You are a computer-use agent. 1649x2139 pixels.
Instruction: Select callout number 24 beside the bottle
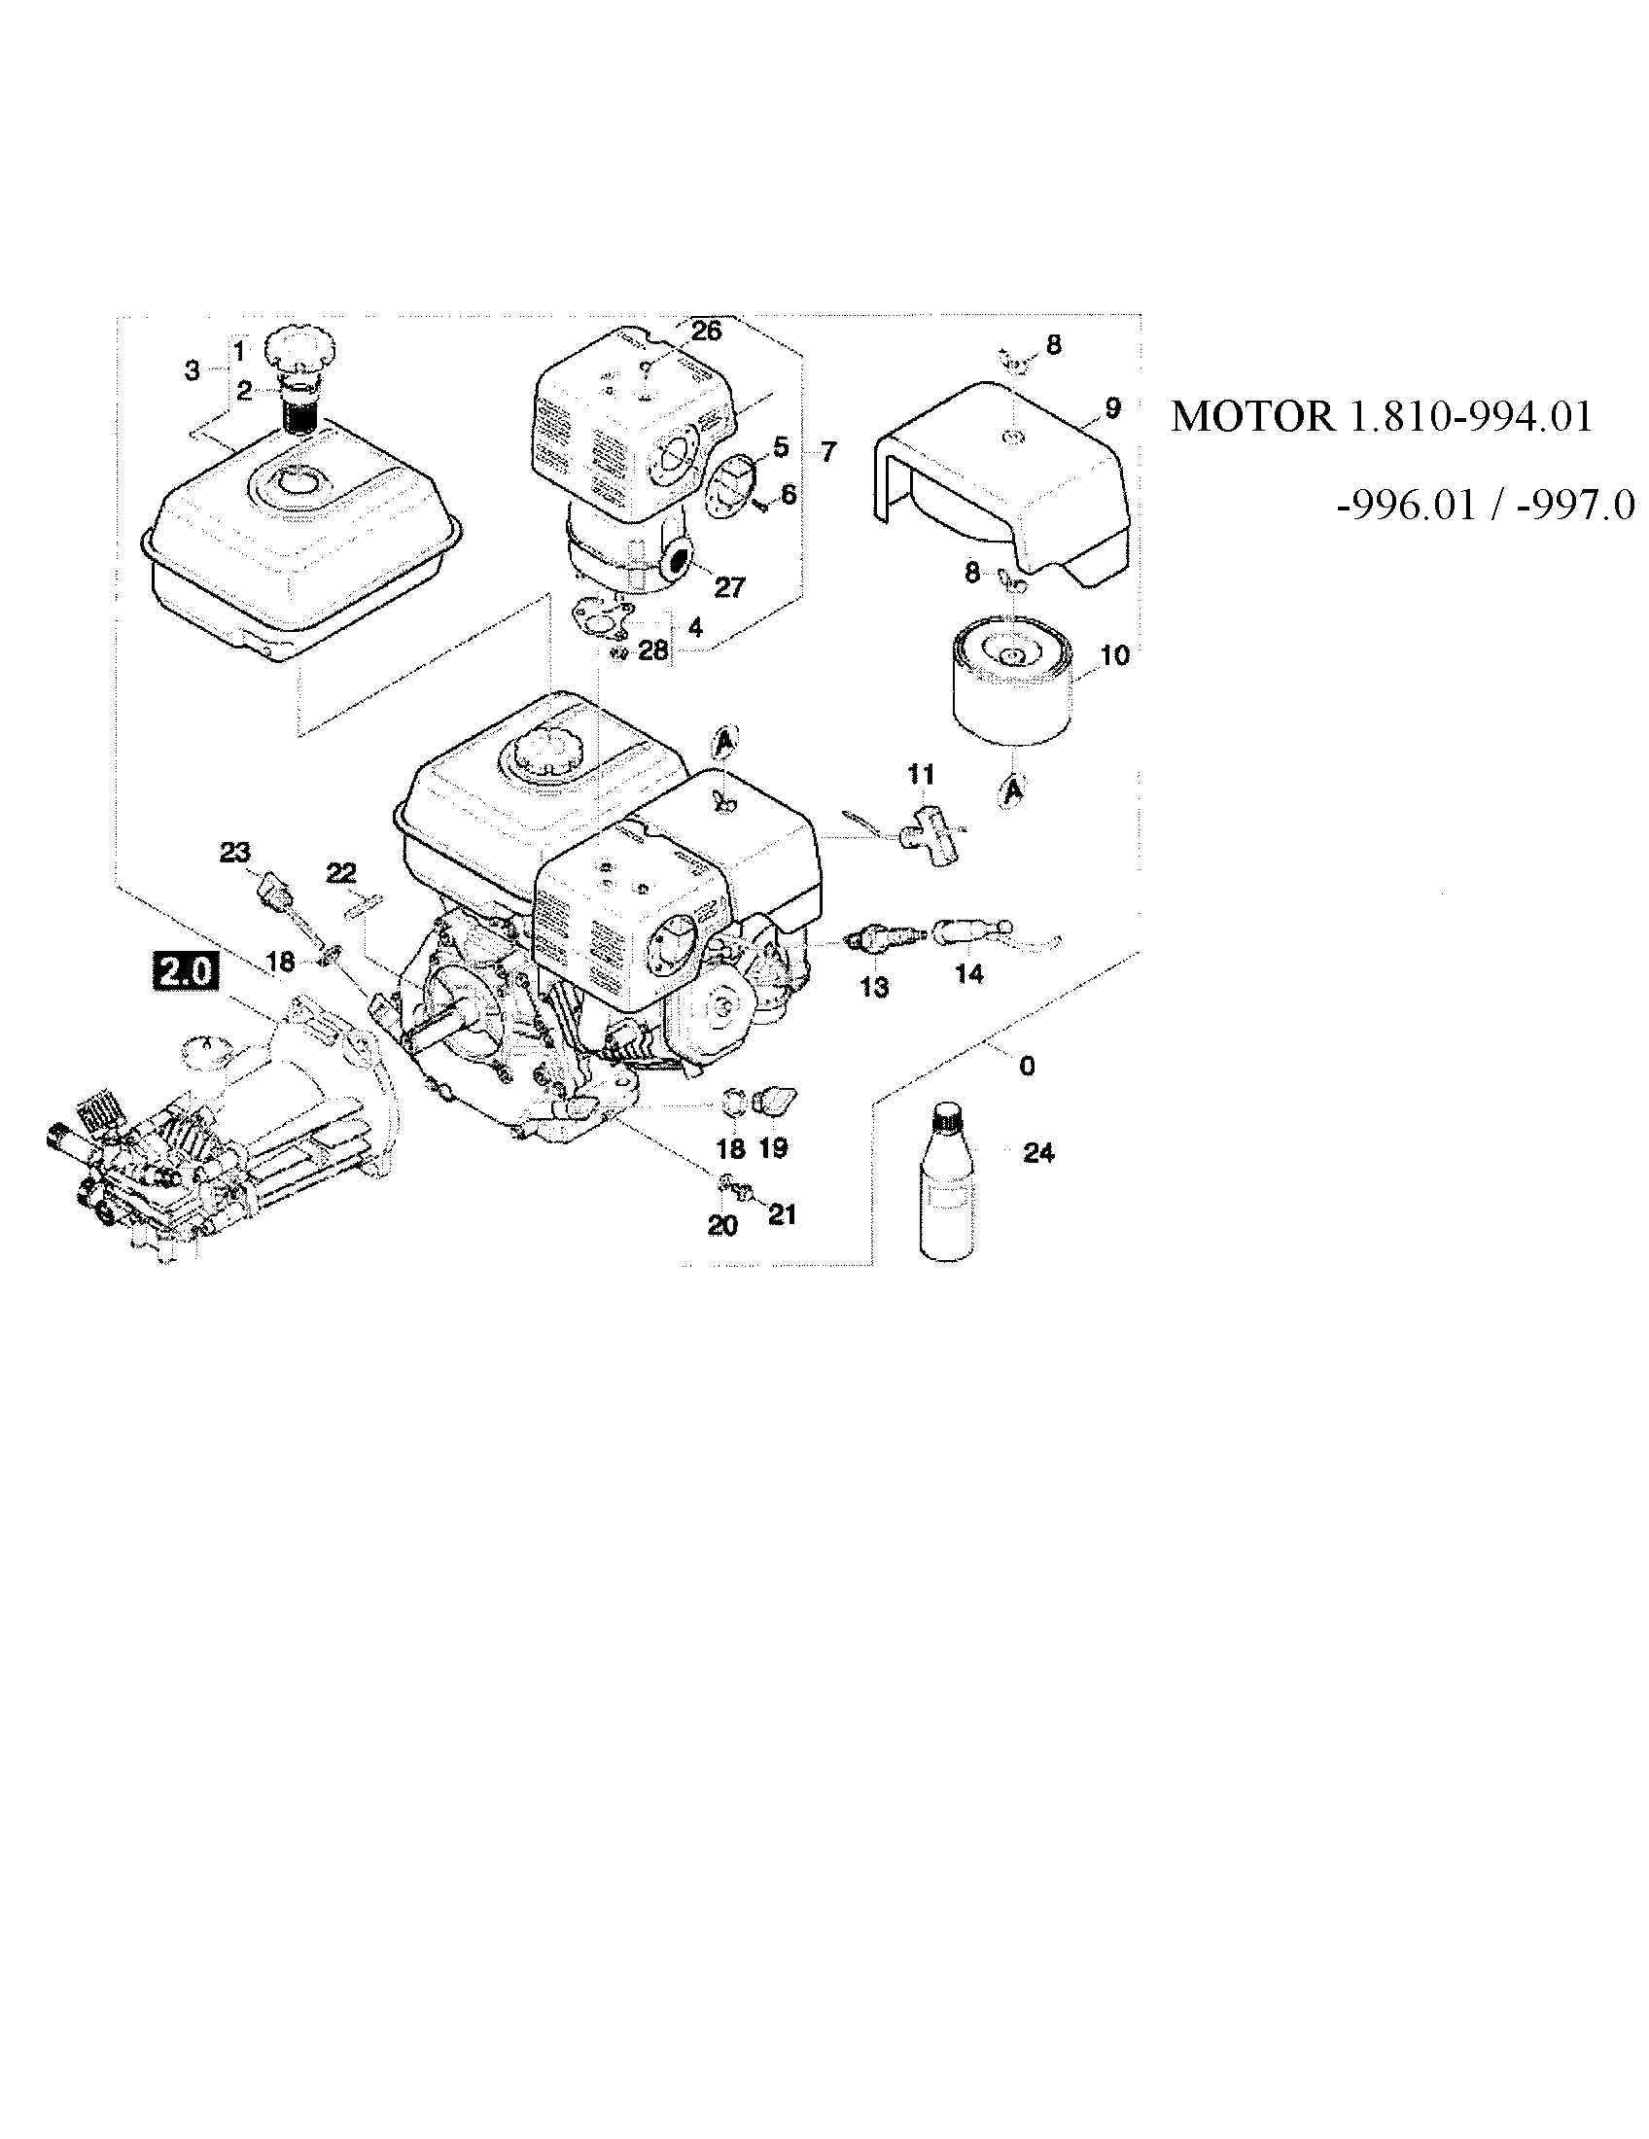(x=1038, y=1154)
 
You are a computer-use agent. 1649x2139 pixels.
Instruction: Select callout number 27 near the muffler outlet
(x=729, y=586)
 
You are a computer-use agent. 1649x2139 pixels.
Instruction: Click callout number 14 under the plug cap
(x=968, y=973)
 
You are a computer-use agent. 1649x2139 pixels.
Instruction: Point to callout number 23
(x=235, y=852)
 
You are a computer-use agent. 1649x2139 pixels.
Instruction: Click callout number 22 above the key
(x=340, y=873)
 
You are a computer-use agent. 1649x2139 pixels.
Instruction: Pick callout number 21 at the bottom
(x=782, y=1214)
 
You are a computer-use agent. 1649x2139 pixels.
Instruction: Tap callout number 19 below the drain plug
(x=774, y=1148)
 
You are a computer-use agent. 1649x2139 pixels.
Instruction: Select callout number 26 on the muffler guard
(x=705, y=331)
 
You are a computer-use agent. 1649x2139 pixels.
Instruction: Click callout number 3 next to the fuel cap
(x=192, y=370)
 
